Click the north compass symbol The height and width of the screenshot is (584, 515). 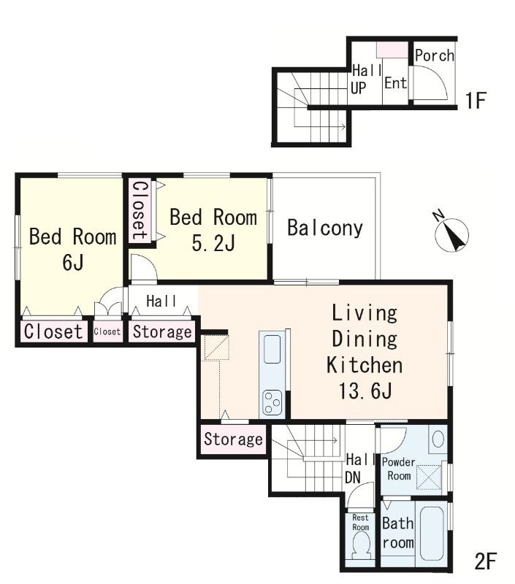(451, 234)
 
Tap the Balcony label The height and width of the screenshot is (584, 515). (325, 228)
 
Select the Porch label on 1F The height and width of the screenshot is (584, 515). (435, 55)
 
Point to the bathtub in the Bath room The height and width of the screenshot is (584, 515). (432, 534)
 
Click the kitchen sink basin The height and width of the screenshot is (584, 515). (272, 349)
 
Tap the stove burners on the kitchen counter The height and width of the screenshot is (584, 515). (272, 402)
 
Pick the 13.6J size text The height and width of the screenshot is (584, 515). (365, 391)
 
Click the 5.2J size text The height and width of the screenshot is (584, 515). (213, 244)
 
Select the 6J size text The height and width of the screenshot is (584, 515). (73, 262)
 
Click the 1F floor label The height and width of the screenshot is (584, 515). (476, 100)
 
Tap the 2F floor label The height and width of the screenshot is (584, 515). (486, 561)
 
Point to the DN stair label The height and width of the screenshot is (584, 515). (353, 477)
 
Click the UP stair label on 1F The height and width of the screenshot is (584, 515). (359, 88)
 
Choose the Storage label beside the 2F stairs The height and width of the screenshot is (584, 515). (233, 439)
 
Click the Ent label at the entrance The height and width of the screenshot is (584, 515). (395, 82)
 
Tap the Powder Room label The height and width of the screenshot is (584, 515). (399, 469)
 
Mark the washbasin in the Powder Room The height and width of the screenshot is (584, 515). (438, 439)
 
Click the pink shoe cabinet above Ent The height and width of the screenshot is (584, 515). (392, 50)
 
